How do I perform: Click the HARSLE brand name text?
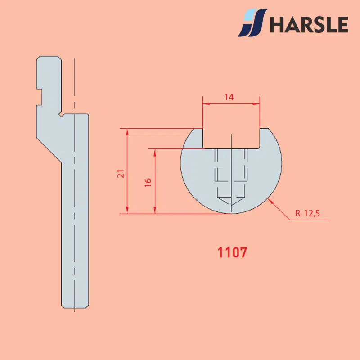click(309, 24)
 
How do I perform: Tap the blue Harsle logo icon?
click(252, 23)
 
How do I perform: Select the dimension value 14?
click(229, 97)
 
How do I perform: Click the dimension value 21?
click(121, 174)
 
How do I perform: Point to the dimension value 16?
click(148, 183)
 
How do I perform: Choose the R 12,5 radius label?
click(307, 213)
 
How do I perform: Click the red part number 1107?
click(232, 252)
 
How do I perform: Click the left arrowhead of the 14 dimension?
click(206, 104)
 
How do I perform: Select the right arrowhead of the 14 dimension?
click(256, 104)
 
